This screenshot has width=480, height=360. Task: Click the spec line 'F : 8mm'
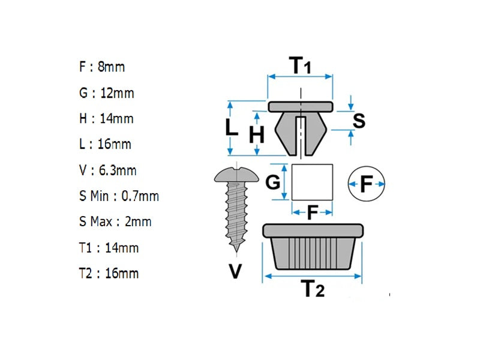point(102,67)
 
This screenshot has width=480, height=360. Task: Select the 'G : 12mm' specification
point(106,93)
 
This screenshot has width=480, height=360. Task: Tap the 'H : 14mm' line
point(106,119)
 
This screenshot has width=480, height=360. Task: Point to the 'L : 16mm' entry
point(105,145)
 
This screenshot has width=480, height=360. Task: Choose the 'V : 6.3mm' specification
point(108,170)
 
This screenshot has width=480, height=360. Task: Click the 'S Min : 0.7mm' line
point(119,196)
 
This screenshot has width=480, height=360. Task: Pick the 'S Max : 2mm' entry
point(115,222)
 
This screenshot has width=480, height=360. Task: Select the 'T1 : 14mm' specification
point(109,248)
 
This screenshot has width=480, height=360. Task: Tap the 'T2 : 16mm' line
point(109,274)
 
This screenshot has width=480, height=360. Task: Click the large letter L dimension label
point(232,127)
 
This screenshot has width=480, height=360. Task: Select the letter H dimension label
point(257,136)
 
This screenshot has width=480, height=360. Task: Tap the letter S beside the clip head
point(359,121)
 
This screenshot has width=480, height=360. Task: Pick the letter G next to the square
point(273,181)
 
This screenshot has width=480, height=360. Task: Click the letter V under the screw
point(236,272)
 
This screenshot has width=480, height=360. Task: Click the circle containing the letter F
point(366,182)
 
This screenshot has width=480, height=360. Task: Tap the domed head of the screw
point(236,175)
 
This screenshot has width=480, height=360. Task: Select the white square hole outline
point(313,182)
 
